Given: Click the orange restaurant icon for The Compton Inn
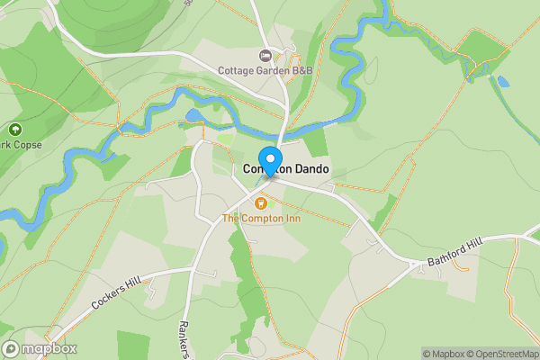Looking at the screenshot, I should click(261, 202).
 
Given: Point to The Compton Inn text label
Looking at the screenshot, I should click(261, 218).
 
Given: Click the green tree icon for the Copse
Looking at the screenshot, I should click(15, 130).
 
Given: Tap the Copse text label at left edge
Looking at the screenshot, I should click(20, 145).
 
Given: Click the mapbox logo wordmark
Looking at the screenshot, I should click(49, 348).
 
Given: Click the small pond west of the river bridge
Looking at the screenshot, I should click(193, 116).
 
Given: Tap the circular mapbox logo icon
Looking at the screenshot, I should click(11, 348).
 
